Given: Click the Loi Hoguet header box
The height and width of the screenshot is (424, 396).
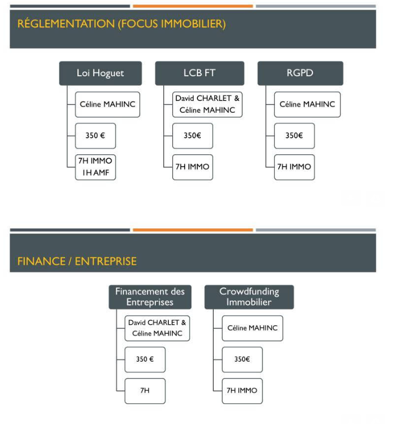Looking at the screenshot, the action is click(100, 73).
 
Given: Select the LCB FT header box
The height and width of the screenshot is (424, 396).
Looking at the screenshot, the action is click(200, 73).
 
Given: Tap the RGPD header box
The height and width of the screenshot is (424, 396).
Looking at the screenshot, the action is click(300, 73).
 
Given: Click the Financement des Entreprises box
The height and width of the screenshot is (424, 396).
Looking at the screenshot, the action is click(150, 297).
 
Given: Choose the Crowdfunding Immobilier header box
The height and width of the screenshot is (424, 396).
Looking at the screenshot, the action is click(249, 297).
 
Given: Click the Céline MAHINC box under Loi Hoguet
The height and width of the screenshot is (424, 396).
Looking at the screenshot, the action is click(107, 104).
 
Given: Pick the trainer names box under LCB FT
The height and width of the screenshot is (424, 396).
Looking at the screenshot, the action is click(207, 104).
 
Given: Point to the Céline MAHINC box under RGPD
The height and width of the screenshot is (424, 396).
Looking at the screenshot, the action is click(307, 104).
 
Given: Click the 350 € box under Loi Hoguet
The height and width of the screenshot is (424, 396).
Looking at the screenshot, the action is click(95, 136).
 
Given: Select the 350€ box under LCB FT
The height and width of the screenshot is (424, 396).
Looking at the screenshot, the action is click(192, 136).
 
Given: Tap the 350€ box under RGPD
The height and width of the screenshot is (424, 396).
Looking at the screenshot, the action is click(294, 136).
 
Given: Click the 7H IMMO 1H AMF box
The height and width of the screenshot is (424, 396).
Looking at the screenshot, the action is click(95, 167).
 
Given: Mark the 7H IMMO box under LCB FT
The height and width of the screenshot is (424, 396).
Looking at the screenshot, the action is click(192, 167).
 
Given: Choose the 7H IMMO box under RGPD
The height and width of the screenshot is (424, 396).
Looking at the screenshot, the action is click(294, 167).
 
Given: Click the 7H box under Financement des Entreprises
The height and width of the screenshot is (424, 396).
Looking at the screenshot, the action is click(145, 391).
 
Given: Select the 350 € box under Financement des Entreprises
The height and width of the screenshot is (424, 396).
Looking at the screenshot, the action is click(145, 360).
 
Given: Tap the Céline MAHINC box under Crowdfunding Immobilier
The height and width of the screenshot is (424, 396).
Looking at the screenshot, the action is click(252, 328).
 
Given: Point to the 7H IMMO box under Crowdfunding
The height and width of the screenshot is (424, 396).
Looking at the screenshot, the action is click(242, 391).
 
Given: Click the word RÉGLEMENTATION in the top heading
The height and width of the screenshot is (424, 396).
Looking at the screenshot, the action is click(66, 23).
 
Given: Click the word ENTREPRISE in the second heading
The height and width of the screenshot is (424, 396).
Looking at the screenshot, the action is click(106, 261).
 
